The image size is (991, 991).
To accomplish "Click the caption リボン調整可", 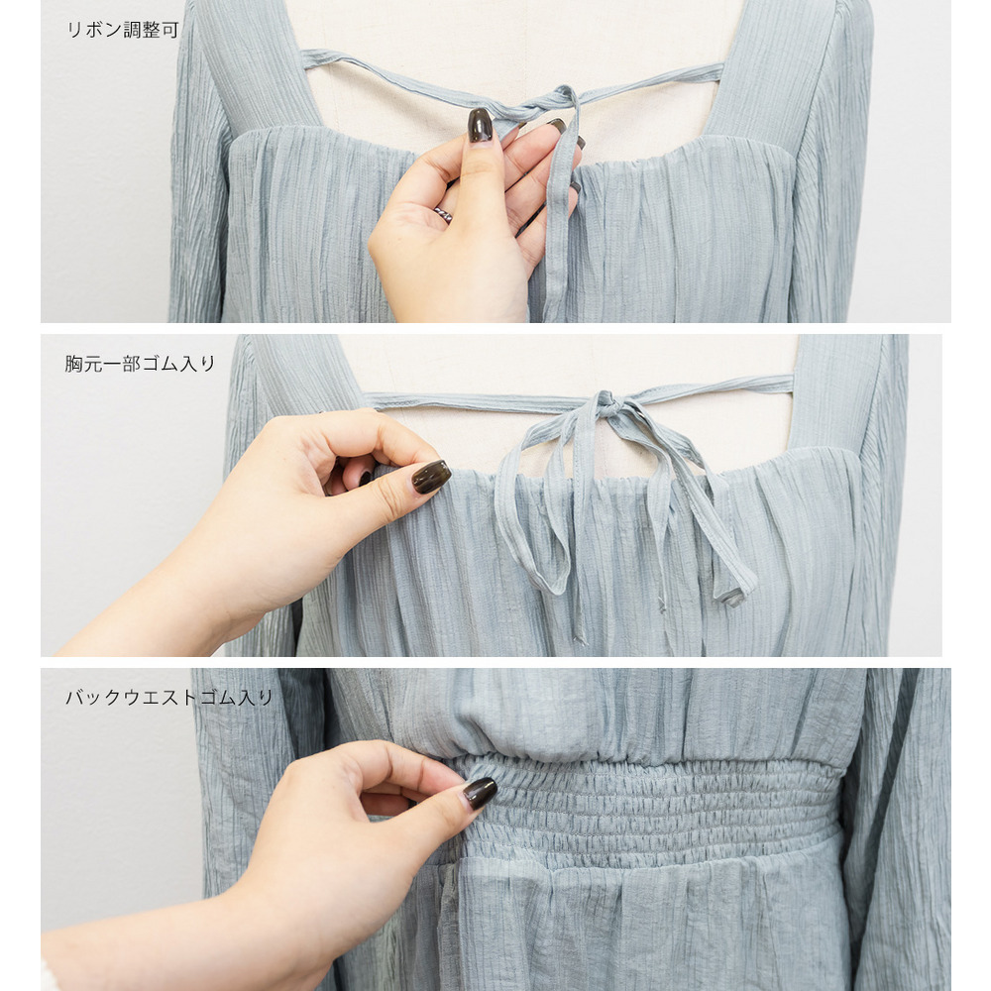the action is tap(123, 30).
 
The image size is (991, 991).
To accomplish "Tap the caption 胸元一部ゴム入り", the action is tap(140, 364).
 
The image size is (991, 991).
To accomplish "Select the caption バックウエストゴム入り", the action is tap(168, 697).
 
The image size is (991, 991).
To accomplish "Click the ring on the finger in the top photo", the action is tap(444, 215).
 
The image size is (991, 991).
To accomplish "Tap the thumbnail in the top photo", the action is tap(480, 125).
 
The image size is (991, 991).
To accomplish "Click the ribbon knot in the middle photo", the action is tap(608, 404).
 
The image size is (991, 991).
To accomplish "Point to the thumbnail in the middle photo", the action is tap(431, 477).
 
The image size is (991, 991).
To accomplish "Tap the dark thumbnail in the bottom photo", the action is tap(480, 793).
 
